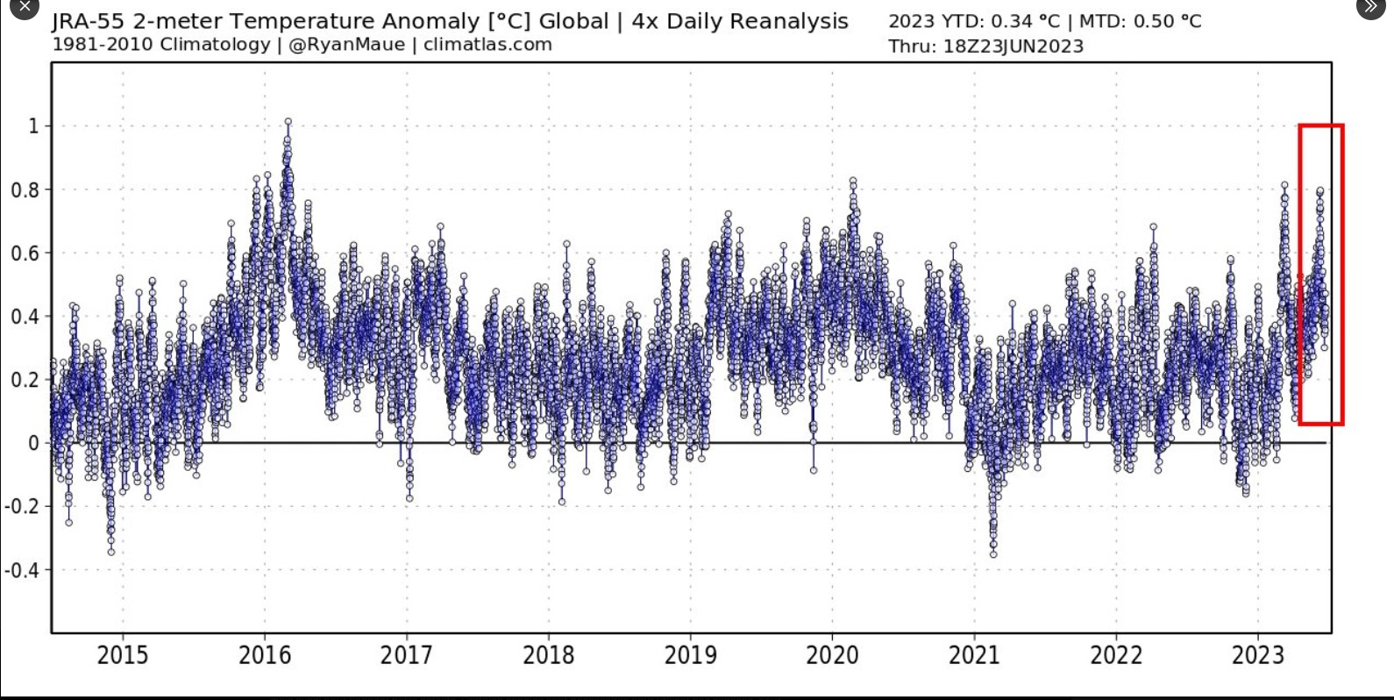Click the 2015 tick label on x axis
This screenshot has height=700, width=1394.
(x=122, y=654)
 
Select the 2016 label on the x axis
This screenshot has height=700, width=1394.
(x=264, y=654)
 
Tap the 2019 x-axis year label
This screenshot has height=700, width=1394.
(x=690, y=654)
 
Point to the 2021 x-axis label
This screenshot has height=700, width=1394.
(x=974, y=654)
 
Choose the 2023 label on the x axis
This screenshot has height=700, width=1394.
(x=1258, y=654)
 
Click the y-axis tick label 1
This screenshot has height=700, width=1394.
(x=34, y=126)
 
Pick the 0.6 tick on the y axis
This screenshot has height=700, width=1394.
(x=25, y=254)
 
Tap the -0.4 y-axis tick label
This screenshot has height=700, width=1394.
(x=22, y=570)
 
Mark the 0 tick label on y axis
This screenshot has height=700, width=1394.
(x=34, y=444)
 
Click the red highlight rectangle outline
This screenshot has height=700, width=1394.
(x=1299, y=274)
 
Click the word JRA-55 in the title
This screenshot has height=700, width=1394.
(x=88, y=22)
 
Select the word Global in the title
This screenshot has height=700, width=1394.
(x=573, y=22)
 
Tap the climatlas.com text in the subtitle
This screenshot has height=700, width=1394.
(x=487, y=45)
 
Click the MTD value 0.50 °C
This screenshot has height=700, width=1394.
(x=1167, y=22)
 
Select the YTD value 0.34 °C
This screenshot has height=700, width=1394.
(x=1025, y=22)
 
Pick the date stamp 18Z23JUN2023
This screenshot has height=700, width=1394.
(x=1013, y=46)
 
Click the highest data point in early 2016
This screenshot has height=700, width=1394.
(x=288, y=123)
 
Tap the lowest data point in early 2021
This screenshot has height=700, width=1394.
(x=993, y=554)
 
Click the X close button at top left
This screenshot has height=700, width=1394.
(x=24, y=6)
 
